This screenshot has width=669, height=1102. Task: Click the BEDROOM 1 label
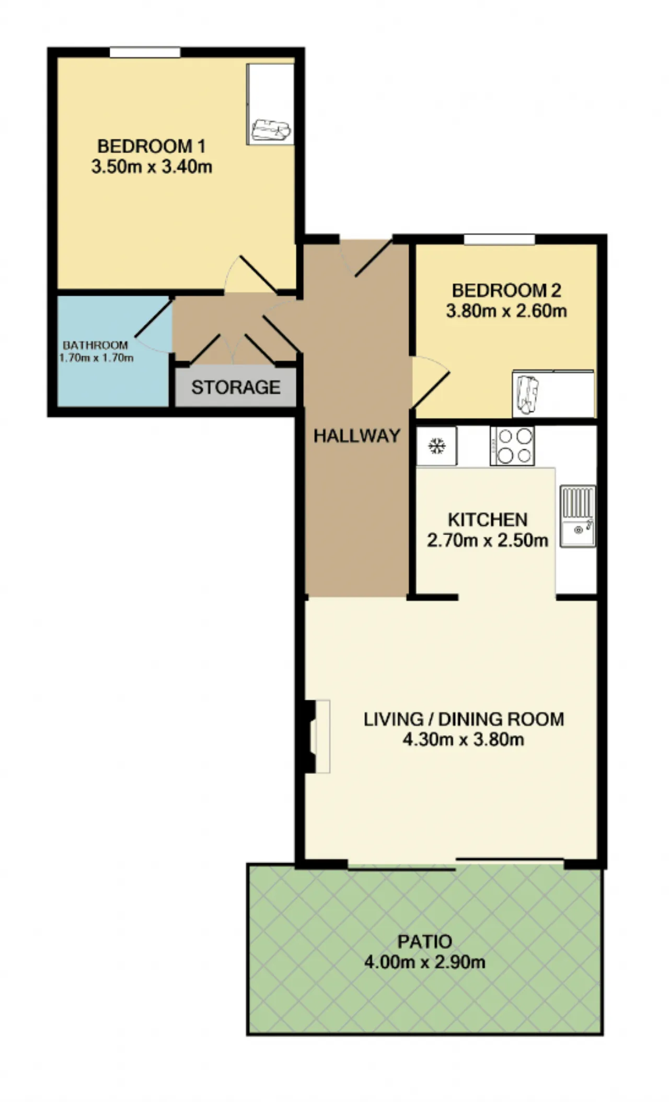[x=152, y=146]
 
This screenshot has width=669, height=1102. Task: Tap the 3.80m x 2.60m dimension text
[x=506, y=311]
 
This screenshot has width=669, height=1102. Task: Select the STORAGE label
[x=236, y=387]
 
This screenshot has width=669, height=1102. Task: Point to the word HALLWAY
[x=357, y=435]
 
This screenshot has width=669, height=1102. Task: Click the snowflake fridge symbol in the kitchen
[x=437, y=446]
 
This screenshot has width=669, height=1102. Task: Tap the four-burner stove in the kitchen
[x=512, y=446]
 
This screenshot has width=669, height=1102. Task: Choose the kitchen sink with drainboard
[x=578, y=516]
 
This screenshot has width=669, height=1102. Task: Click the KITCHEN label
[x=488, y=519]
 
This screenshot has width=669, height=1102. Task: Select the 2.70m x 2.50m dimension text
[x=488, y=540]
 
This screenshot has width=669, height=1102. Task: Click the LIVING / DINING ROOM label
[x=464, y=719]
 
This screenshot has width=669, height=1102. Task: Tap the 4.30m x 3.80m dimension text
[x=464, y=739]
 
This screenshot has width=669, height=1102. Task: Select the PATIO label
[x=425, y=942]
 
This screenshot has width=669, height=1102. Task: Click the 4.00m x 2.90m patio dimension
[x=425, y=962]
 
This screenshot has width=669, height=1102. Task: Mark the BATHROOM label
[x=96, y=345]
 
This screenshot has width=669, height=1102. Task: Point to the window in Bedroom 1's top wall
[x=145, y=52]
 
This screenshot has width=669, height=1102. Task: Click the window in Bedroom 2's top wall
[x=499, y=239]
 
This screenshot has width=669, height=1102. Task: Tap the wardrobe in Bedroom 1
[x=270, y=104]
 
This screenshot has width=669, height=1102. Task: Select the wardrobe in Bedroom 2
[x=554, y=394]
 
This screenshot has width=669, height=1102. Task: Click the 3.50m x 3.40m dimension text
[x=152, y=167]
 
